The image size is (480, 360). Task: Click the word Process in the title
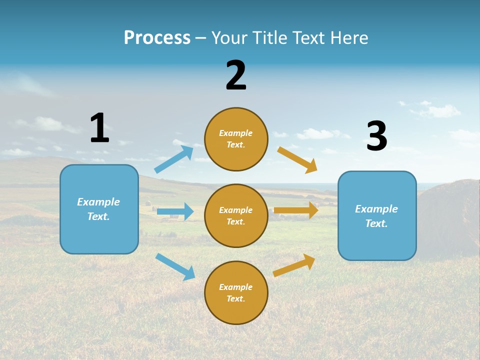[x=157, y=37]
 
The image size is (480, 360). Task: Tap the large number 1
[x=99, y=128]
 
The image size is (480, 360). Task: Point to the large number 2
[x=236, y=75]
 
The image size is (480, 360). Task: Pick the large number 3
[x=376, y=135]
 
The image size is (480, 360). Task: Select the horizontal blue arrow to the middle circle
[x=175, y=211]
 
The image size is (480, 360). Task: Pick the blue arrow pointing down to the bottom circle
[x=175, y=266]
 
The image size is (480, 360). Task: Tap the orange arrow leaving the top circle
[x=297, y=159]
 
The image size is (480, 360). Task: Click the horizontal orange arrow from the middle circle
[x=296, y=210]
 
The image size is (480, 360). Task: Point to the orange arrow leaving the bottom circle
[x=294, y=265]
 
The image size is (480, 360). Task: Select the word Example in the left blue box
[x=98, y=202]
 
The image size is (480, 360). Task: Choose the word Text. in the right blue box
[x=376, y=223]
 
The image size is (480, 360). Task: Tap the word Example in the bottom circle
[x=235, y=287]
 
